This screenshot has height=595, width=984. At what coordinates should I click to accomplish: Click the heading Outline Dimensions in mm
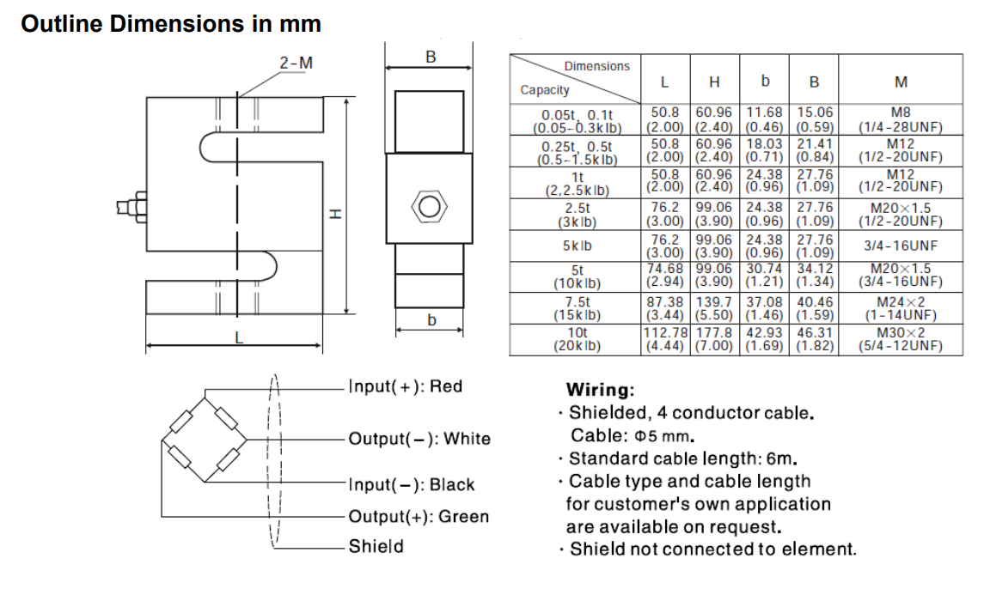(171, 24)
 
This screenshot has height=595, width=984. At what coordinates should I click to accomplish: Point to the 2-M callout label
(296, 64)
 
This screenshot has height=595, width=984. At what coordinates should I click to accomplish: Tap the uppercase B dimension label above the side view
(431, 57)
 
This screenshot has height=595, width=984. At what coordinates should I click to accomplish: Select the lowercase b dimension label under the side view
(432, 320)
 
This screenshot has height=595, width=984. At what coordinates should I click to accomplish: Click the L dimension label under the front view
(239, 337)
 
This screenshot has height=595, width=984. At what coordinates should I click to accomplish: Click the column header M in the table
(901, 82)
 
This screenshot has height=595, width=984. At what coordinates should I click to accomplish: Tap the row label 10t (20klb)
(577, 339)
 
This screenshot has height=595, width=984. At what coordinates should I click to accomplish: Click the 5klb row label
(577, 246)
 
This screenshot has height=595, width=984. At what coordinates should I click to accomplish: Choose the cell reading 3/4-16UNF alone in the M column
(901, 246)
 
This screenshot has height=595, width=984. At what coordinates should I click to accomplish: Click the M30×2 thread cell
(901, 333)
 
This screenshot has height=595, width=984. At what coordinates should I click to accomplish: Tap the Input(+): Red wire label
(405, 386)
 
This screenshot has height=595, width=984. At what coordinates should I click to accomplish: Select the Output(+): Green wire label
(418, 517)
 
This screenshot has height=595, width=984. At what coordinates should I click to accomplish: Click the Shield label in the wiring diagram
(376, 546)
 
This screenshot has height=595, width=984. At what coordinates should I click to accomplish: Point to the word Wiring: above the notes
(600, 391)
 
